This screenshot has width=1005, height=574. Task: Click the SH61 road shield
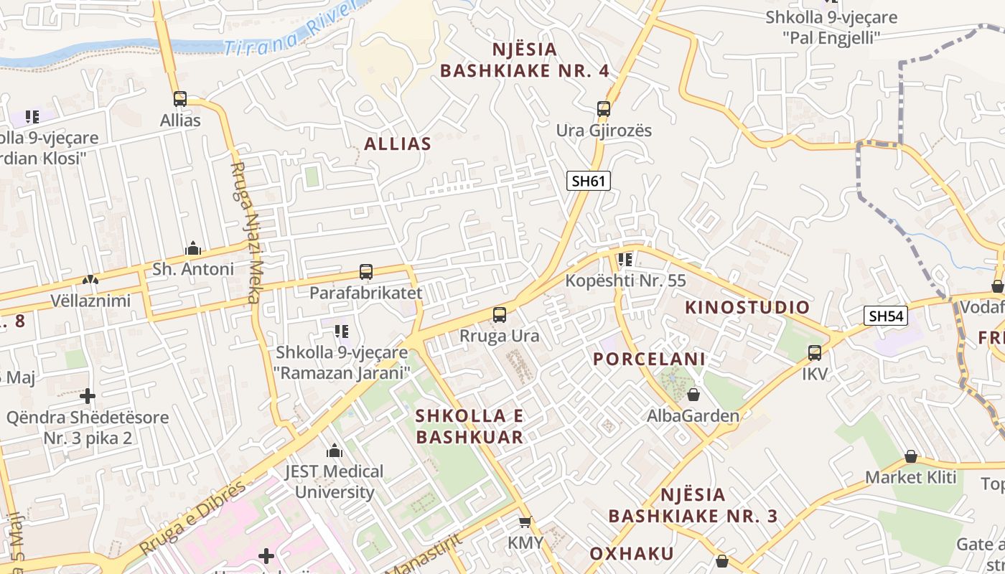pyautogui.click(x=589, y=181)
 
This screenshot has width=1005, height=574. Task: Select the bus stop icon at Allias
pyautogui.click(x=180, y=99)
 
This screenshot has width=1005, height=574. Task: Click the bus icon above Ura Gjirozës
pyautogui.click(x=604, y=109)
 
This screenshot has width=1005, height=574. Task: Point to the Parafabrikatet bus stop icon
pyautogui.click(x=366, y=272)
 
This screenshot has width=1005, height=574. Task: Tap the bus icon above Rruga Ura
pyautogui.click(x=500, y=314)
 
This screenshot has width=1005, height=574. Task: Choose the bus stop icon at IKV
pyautogui.click(x=815, y=353)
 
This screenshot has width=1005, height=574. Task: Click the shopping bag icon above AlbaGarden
pyautogui.click(x=693, y=395)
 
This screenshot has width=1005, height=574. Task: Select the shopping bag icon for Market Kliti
pyautogui.click(x=911, y=456)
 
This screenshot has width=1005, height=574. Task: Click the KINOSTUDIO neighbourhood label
pyautogui.click(x=747, y=308)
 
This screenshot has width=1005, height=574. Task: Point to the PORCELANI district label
pyautogui.click(x=649, y=359)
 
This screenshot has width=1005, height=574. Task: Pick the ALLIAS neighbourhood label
pyautogui.click(x=398, y=143)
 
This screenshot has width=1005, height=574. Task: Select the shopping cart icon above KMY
pyautogui.click(x=525, y=522)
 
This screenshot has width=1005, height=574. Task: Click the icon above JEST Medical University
pyautogui.click(x=335, y=451)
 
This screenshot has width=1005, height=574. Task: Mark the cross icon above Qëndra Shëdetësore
pyautogui.click(x=88, y=395)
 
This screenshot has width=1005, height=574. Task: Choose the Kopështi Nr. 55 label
pyautogui.click(x=625, y=281)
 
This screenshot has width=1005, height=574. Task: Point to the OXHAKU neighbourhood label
pyautogui.click(x=632, y=553)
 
